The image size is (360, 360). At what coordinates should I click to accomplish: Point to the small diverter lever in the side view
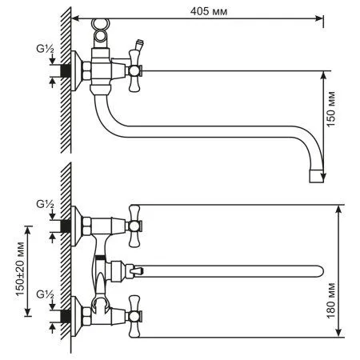pyautogui.click(x=141, y=43)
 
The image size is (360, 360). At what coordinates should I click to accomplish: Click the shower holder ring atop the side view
pyautogui.click(x=100, y=29)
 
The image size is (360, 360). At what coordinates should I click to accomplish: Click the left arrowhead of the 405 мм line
pyautogui.click(x=74, y=17)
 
